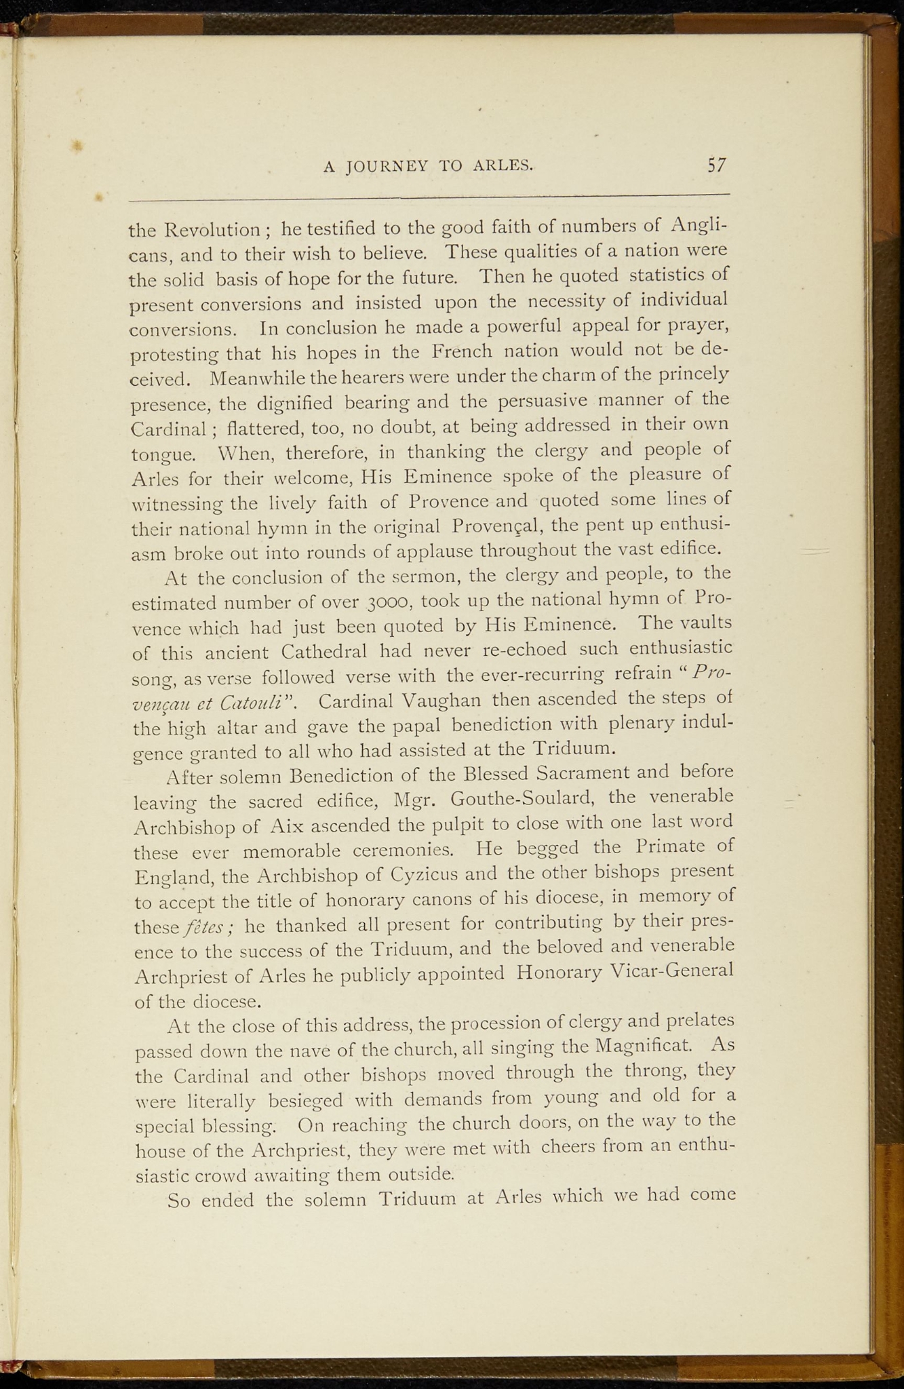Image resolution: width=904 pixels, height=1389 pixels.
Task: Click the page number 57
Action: point(716,165)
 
